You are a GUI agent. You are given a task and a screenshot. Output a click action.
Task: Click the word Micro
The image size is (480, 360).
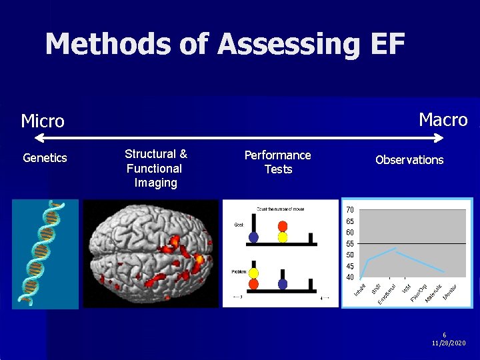(43, 121)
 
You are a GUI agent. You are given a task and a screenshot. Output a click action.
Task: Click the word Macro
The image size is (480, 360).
(443, 120)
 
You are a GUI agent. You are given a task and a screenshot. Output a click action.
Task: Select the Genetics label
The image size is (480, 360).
(45, 158)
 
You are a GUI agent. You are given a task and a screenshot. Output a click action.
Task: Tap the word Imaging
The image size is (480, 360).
(155, 183)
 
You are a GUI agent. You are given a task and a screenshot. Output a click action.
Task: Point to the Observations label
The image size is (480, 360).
(409, 160)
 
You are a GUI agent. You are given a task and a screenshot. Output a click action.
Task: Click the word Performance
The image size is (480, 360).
(277, 155)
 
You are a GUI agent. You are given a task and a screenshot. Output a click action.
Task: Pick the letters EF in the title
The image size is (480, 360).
(386, 45)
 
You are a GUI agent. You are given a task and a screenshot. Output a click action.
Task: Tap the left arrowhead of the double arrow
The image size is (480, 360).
(38, 138)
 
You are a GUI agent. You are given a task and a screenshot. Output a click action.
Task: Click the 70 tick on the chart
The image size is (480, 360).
(350, 210)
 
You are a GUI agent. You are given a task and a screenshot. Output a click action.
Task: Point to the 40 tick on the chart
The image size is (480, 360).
(350, 277)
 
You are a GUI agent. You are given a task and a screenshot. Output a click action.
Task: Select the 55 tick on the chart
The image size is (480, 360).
(350, 243)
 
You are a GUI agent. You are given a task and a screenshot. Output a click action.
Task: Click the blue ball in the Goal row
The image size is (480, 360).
(253, 237)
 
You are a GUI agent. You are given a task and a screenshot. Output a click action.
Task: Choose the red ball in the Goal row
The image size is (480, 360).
(283, 225)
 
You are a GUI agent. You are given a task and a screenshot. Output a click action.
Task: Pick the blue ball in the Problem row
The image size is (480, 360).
(283, 284)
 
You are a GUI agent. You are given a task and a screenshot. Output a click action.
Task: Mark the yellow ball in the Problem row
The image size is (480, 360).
(253, 273)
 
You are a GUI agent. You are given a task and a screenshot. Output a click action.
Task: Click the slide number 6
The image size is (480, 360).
(445, 335)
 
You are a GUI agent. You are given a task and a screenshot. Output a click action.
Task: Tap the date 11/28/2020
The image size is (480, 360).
(449, 343)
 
